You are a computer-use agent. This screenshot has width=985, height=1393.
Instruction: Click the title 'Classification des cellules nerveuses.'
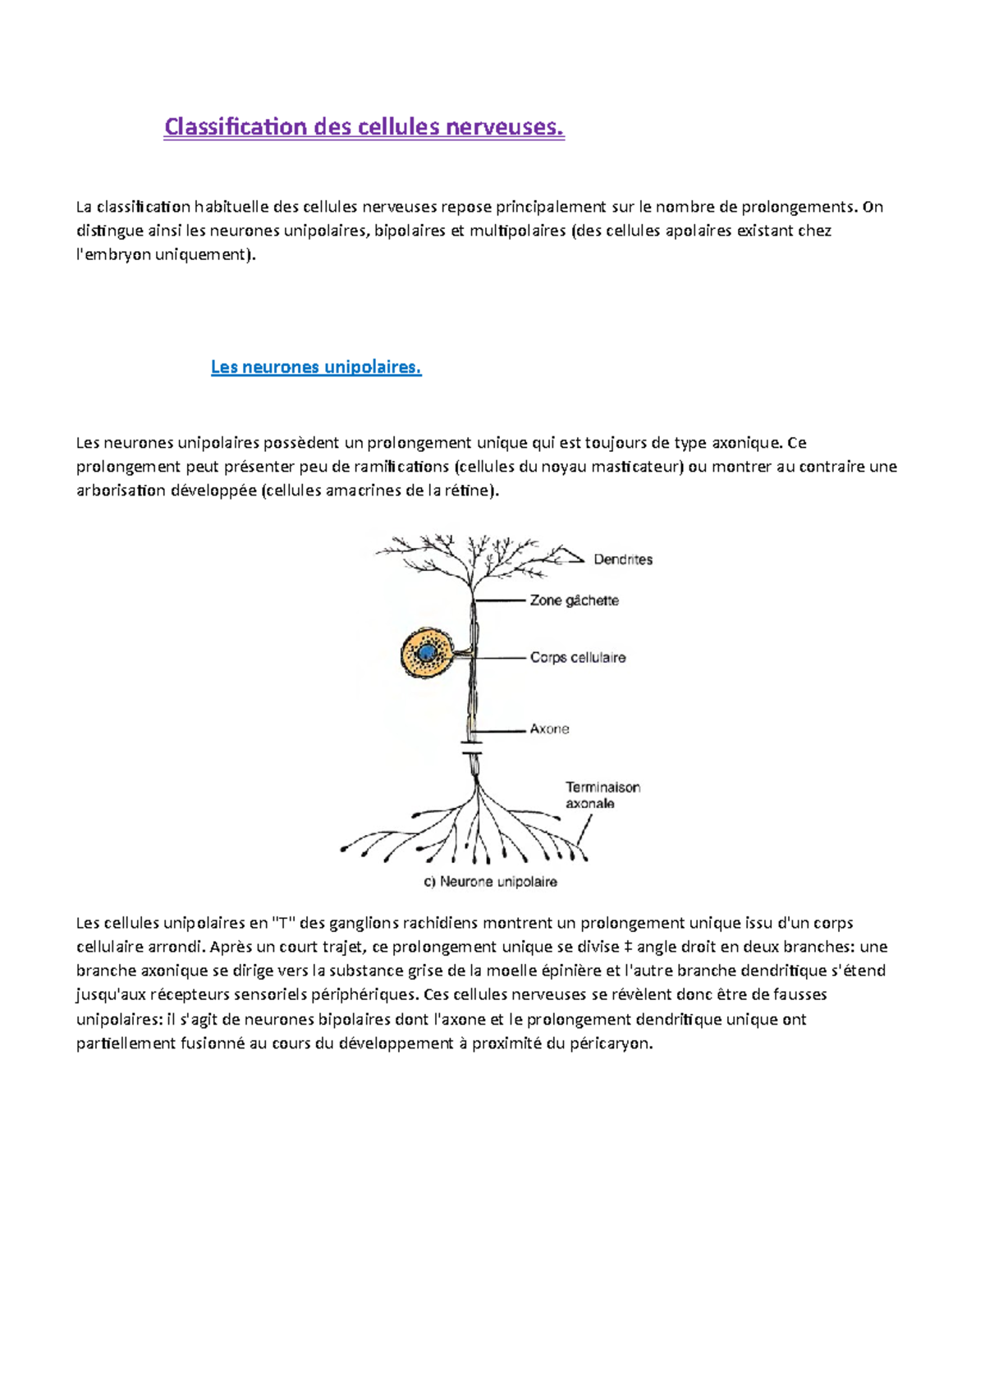coord(364,127)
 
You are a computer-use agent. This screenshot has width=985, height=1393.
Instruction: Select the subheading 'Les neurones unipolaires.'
coord(316,367)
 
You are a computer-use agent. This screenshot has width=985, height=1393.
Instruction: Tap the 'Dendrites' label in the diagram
coord(623,559)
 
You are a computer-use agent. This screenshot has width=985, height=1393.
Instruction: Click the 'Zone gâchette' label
coord(574,601)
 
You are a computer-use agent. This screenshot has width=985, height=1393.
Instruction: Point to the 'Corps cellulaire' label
coord(577,657)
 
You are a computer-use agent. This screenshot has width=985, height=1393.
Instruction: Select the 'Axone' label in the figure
coord(549,728)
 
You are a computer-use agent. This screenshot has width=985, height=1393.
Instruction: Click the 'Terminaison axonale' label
coord(602,795)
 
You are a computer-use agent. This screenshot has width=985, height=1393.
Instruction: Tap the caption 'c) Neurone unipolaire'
coord(490,882)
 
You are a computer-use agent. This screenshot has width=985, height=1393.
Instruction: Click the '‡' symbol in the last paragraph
coord(627,947)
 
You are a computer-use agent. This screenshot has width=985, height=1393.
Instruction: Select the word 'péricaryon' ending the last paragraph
coord(608,1044)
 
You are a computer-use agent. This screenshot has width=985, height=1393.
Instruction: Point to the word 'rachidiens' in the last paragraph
coord(442,923)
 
